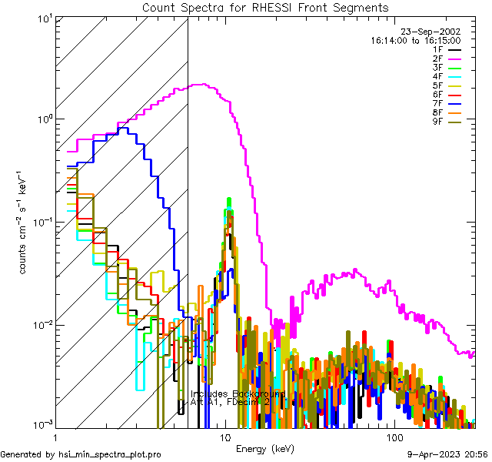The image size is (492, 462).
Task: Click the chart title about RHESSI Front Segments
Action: tap(266, 7)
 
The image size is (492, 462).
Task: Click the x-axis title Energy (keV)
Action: tap(265, 448)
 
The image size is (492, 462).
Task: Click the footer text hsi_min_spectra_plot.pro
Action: tap(81, 455)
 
